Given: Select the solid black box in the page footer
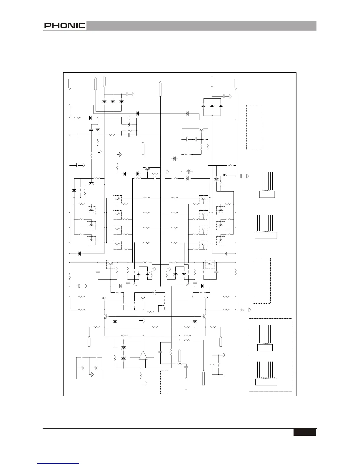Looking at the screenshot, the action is pos(304,432).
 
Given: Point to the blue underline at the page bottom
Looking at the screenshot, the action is pos(59,463).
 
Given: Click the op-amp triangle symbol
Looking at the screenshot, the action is pos(143,355).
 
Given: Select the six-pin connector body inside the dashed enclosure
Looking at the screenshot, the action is pos(265,348).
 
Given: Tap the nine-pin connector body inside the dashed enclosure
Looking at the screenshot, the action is pos(266,382).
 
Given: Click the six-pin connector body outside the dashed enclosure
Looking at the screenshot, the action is pos(267,194).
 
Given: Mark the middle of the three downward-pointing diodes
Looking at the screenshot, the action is pos(113,102).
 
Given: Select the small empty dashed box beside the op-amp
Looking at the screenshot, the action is pos(165,382).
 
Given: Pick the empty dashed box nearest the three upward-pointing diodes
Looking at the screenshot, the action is pos(254,127).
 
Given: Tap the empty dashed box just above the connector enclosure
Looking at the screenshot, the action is pos(262,281).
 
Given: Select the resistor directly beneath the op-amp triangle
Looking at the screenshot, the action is pos(141,376).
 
